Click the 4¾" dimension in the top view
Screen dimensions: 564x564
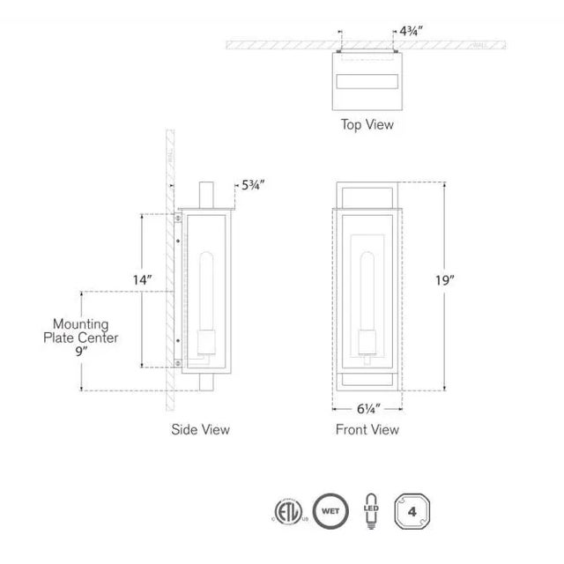411,30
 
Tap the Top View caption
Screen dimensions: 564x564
367,124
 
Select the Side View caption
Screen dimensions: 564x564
201,429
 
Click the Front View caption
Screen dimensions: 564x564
367,429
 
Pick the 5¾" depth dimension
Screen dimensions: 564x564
252,186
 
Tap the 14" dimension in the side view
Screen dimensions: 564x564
143,279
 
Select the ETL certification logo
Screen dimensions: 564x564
287,511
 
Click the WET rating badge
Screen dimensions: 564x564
330,511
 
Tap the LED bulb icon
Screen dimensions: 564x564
371,511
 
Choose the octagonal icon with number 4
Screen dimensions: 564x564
412,511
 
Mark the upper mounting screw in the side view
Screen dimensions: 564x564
179,216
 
